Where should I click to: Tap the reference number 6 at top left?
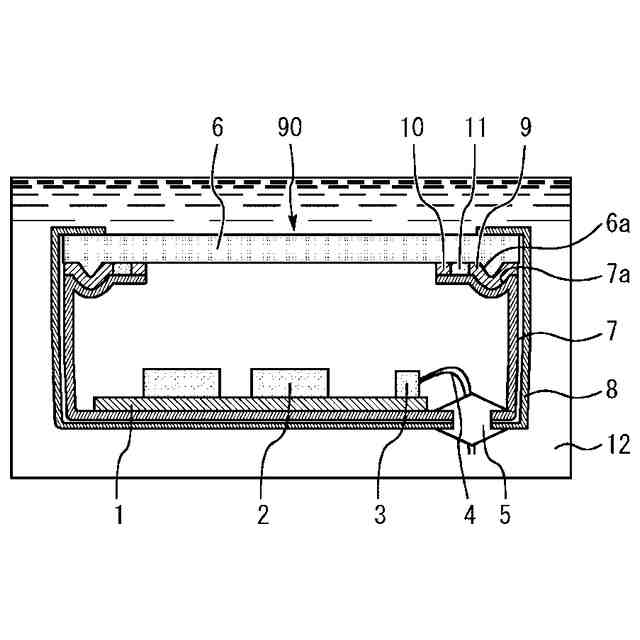click(218, 128)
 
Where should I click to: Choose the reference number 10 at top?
click(412, 128)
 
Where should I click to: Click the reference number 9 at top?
click(525, 128)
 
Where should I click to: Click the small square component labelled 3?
click(407, 383)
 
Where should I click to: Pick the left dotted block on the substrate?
click(183, 382)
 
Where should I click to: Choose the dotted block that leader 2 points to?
click(289, 382)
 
